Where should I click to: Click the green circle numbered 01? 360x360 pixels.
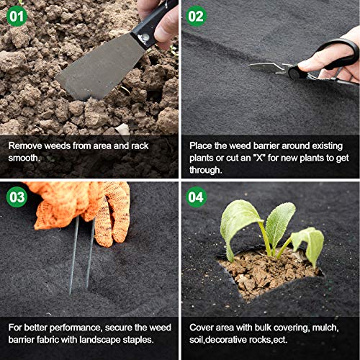[17, 16]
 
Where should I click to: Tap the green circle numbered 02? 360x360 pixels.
[196, 16]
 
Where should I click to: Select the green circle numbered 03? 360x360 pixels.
[17, 197]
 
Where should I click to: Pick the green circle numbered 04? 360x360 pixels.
[196, 197]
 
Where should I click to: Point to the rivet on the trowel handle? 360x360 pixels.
[145, 37]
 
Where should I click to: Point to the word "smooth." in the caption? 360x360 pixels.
[24, 158]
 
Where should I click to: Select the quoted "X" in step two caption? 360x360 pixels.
[260, 158]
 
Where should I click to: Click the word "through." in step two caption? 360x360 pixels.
[206, 170]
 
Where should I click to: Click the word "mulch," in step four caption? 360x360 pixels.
[325, 328]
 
